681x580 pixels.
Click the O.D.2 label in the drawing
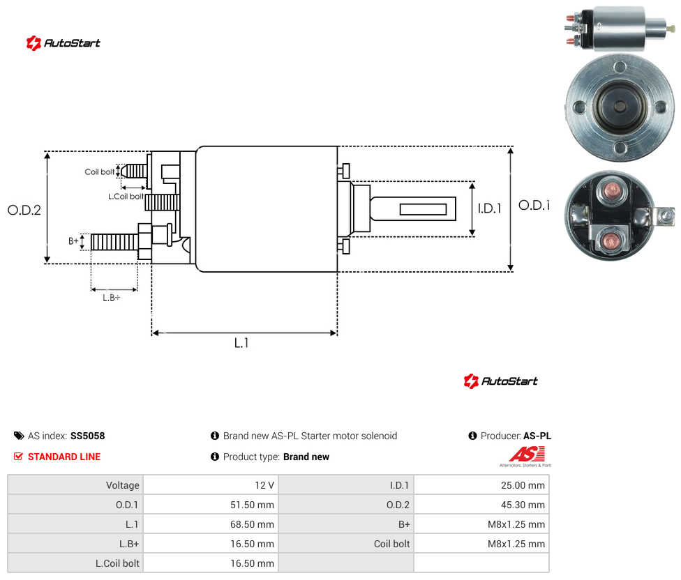pos(24,211)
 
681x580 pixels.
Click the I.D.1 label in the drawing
pos(489,208)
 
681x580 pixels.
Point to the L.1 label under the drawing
pos(241,343)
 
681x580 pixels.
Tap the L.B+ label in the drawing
pos(112,298)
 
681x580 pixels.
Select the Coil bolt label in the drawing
pos(100,171)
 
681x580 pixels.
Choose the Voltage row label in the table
pos(123,485)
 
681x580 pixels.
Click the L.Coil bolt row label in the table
pos(117,563)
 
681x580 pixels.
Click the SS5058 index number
pos(88,436)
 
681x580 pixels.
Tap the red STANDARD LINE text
pos(64,457)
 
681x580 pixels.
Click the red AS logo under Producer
pos(527,455)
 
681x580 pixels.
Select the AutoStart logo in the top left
pos(63,43)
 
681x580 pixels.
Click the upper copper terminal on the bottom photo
pos(611,190)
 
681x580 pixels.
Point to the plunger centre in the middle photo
pos(620,106)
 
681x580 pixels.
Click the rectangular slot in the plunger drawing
pos(423,210)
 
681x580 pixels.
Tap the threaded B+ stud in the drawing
pos(114,242)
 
